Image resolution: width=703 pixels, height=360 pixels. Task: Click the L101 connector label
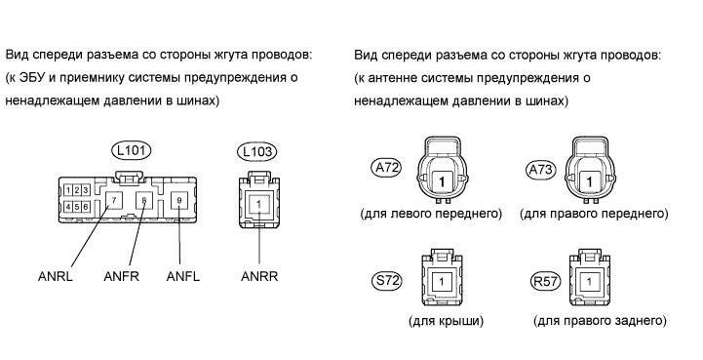point(131,150)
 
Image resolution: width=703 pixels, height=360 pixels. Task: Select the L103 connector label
point(256,152)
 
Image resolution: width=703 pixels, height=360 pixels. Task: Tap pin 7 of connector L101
point(114,200)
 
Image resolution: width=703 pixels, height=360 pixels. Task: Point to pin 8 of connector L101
point(143,200)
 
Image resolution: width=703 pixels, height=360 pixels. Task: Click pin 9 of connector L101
point(179,200)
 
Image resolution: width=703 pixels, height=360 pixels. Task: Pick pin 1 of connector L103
point(258,204)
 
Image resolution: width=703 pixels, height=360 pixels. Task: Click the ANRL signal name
point(56,276)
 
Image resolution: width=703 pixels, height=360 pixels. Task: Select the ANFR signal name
point(121,276)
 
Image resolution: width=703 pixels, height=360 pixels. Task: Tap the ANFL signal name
point(183,276)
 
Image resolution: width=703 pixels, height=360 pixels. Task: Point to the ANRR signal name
point(259,276)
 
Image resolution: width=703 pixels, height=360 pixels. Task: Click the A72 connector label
point(386,168)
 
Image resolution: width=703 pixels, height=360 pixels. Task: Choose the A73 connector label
point(540,170)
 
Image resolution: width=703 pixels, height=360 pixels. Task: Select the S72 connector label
point(386,281)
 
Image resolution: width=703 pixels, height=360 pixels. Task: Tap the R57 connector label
point(545,281)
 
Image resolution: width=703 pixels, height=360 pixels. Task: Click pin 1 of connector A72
point(442,181)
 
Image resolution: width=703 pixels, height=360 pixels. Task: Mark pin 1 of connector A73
point(589,181)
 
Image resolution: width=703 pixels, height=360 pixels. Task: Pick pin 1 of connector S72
point(442,282)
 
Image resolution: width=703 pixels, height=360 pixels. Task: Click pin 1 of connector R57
point(589,282)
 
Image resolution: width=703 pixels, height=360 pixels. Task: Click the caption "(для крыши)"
point(447,321)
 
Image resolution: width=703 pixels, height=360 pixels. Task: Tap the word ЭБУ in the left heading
point(32,78)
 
